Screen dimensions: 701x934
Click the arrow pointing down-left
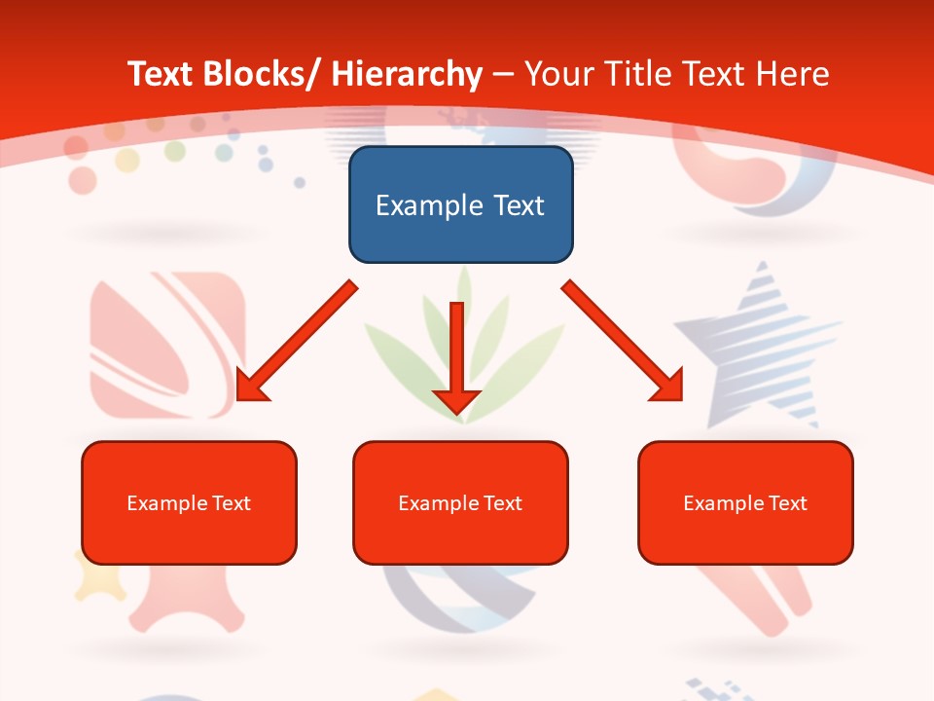coord(296,341)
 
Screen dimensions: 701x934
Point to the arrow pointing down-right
coord(623,341)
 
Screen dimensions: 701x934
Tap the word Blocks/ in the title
coord(257,74)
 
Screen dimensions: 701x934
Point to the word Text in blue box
coord(512,205)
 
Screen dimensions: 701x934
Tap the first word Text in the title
coord(161,74)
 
